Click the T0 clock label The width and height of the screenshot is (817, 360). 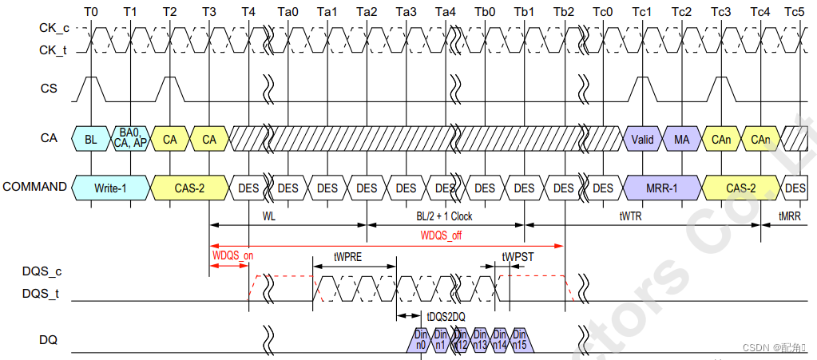[91, 13]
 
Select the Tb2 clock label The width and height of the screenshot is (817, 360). [563, 13]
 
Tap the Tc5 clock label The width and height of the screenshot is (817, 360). [795, 13]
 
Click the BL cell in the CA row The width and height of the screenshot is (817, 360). [91, 139]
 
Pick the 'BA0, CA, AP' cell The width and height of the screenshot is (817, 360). [130, 138]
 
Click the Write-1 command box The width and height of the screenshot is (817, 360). [110, 188]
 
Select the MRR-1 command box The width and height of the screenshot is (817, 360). [663, 188]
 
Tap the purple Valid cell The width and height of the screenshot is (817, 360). [643, 139]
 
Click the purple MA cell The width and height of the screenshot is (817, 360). [682, 139]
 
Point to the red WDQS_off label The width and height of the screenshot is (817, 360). [441, 235]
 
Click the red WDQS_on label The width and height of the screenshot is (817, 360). [232, 255]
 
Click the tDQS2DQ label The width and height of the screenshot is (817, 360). [446, 317]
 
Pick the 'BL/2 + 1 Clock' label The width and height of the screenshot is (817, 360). [444, 216]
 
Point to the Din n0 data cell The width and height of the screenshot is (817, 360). [421, 339]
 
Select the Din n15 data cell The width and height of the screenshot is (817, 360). [519, 339]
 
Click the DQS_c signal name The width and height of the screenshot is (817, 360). [41, 271]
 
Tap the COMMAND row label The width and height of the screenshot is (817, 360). [34, 187]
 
